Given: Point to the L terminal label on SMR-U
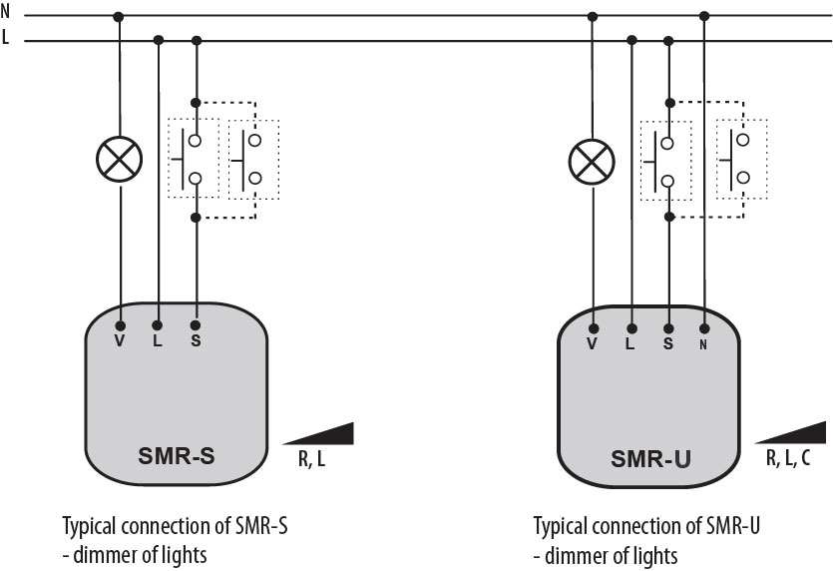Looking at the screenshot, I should point(630,344).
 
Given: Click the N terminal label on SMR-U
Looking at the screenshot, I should point(704,344).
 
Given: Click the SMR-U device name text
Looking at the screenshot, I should point(651,460).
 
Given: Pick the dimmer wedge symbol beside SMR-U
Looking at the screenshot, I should point(794,434).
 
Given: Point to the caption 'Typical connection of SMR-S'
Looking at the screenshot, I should point(181,525).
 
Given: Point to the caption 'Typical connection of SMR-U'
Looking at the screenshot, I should point(653,525).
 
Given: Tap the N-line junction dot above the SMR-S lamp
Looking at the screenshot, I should point(120,16).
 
